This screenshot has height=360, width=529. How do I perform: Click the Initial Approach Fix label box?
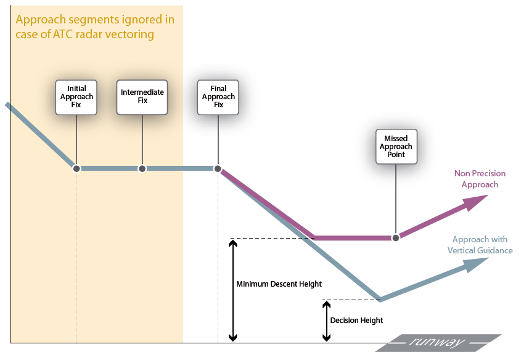point(76,97)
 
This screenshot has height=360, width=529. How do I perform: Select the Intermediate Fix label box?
point(142,97)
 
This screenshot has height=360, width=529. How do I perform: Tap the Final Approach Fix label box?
point(218,97)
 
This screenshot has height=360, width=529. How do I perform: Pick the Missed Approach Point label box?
point(396,146)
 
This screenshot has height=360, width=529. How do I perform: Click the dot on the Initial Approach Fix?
point(76,168)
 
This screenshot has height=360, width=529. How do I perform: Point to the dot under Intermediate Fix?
point(142,168)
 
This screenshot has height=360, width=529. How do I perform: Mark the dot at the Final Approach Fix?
point(218,168)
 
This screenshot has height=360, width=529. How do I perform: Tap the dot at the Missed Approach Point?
point(396,237)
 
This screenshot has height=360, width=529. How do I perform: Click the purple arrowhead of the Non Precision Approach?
point(476,201)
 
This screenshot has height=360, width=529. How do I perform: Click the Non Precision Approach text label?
point(476,179)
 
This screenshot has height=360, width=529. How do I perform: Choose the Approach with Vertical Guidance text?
point(480,245)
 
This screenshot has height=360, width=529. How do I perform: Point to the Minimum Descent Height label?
point(279,284)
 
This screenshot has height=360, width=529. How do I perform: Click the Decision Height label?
point(356,321)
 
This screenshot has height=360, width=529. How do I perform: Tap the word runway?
point(438,342)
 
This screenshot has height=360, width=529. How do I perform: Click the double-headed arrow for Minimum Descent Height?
point(232,290)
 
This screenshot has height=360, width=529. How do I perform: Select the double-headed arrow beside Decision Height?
point(326,321)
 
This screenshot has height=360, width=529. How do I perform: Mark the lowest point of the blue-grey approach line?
point(380,300)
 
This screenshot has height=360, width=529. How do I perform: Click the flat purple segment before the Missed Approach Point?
point(355,237)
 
